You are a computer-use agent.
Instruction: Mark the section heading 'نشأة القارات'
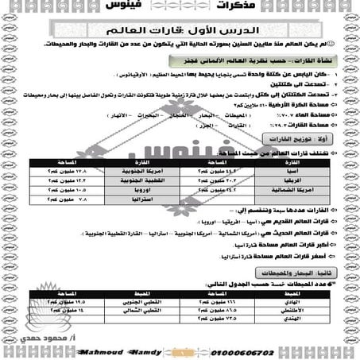[278, 61]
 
